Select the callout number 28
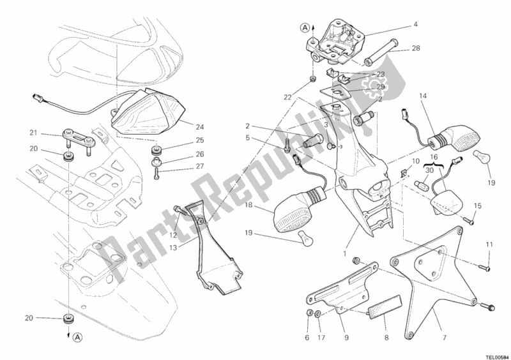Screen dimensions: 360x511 pyautogui.click(x=416, y=49)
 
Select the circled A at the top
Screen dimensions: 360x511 pyautogui.click(x=305, y=27)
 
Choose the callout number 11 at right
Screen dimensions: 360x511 pyautogui.click(x=489, y=244)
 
